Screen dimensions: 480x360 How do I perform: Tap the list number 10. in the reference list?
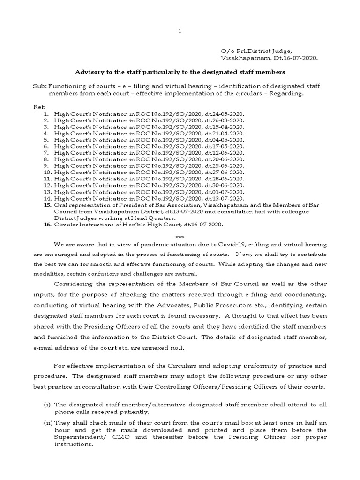tap(46, 172)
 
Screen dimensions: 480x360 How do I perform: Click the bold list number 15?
tap(46, 205)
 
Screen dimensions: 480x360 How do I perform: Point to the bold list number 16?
tap(46, 225)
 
